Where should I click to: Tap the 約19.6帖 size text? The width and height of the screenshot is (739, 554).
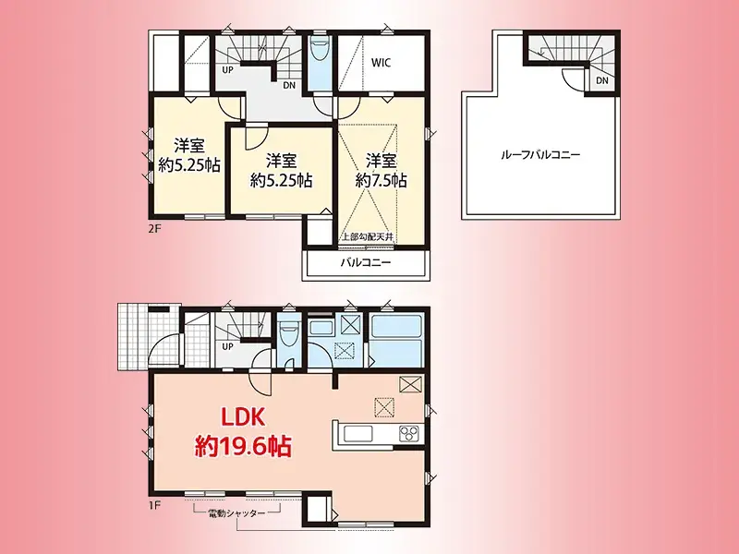243,448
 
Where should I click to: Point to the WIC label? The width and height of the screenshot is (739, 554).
382,63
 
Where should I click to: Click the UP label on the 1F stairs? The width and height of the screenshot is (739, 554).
227,347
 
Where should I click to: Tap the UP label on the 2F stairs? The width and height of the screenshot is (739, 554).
227,68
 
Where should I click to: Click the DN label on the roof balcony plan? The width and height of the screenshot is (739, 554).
601,82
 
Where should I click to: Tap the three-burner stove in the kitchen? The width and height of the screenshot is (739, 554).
407,433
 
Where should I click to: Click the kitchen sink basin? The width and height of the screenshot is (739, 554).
357,433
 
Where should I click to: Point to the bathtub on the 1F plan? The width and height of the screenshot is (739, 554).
396,335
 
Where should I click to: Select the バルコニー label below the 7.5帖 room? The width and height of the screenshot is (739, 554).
366,263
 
